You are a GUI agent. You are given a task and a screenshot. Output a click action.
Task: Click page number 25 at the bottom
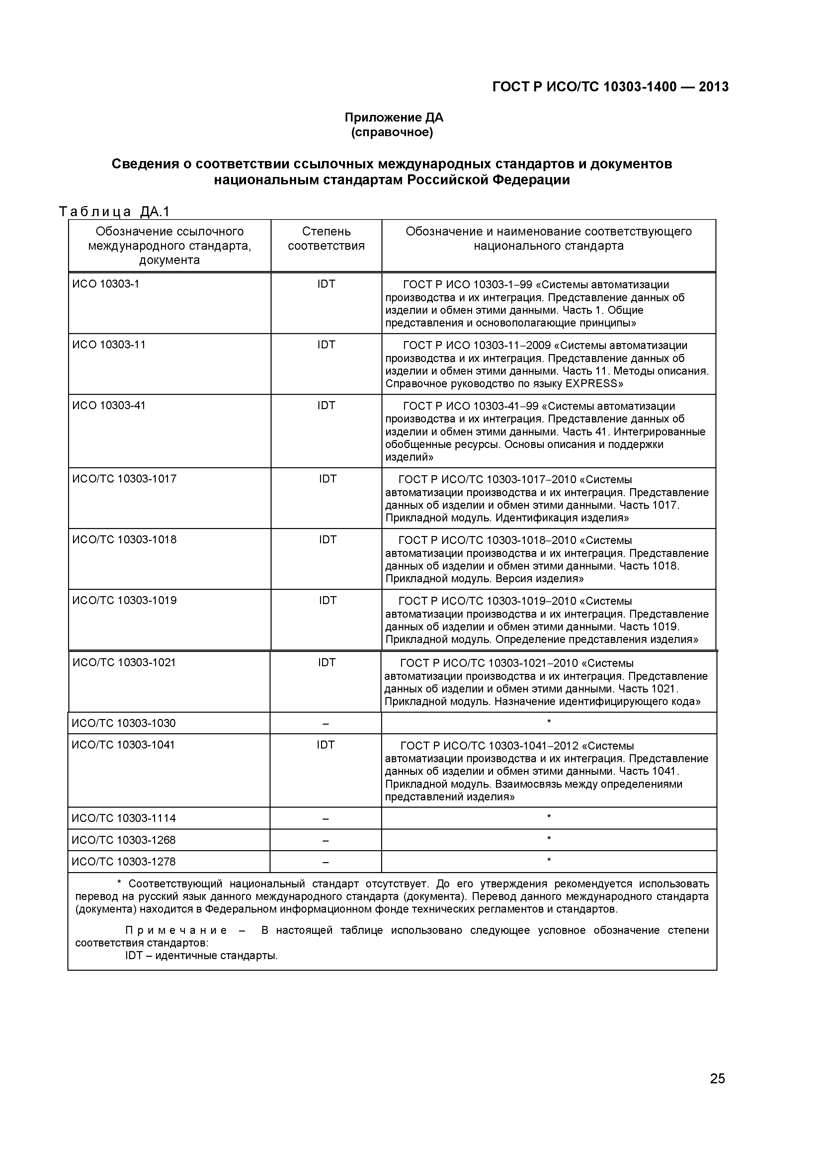pos(717,1093)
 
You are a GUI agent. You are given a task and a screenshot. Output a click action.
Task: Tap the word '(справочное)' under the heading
pos(392,133)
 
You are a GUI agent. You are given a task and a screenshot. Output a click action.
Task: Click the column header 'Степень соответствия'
pos(326,238)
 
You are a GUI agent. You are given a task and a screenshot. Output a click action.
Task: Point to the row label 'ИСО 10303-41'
pos(109,406)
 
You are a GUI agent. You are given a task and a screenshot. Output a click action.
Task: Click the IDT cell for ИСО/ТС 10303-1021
pos(326,663)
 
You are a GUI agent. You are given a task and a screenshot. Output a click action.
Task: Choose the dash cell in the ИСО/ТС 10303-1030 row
pos(326,724)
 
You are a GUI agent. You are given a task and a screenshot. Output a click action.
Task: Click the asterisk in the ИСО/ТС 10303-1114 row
pos(549,817)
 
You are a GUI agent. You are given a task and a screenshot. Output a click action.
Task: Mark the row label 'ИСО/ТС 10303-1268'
pos(124,840)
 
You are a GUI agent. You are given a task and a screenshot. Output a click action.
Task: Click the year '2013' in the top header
pos(713,87)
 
